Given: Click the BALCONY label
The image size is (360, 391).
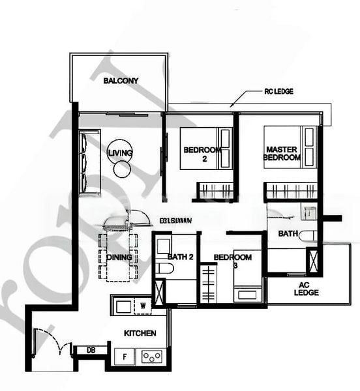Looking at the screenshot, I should [x=121, y=81].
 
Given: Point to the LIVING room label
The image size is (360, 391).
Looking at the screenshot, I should [x=120, y=153].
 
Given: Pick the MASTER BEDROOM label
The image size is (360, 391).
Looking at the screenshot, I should [x=282, y=153].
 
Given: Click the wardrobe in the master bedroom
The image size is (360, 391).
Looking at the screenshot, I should [x=290, y=192].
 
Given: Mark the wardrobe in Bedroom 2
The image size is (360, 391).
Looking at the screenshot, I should [x=215, y=191].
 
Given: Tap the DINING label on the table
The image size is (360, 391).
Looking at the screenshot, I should [x=119, y=257].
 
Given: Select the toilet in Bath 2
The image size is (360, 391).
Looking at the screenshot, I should [x=164, y=268].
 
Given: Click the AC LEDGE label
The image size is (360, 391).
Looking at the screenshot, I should [x=305, y=289].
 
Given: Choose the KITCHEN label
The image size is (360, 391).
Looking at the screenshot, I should [x=140, y=333].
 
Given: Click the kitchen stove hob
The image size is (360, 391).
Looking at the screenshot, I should [x=152, y=356].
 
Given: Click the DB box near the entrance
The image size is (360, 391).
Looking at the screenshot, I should [x=83, y=351].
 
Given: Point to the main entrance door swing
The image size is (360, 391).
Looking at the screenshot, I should [x=49, y=342].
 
